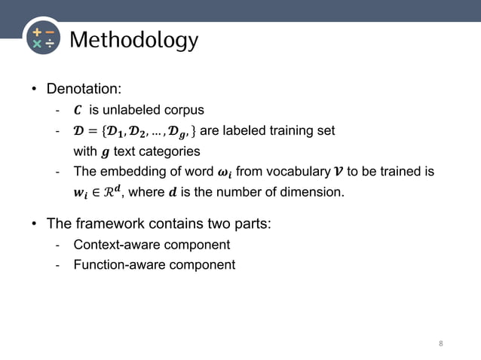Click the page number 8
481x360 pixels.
tap(441, 344)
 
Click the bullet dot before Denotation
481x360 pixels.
tap(34, 90)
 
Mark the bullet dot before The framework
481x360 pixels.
tap(34, 224)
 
